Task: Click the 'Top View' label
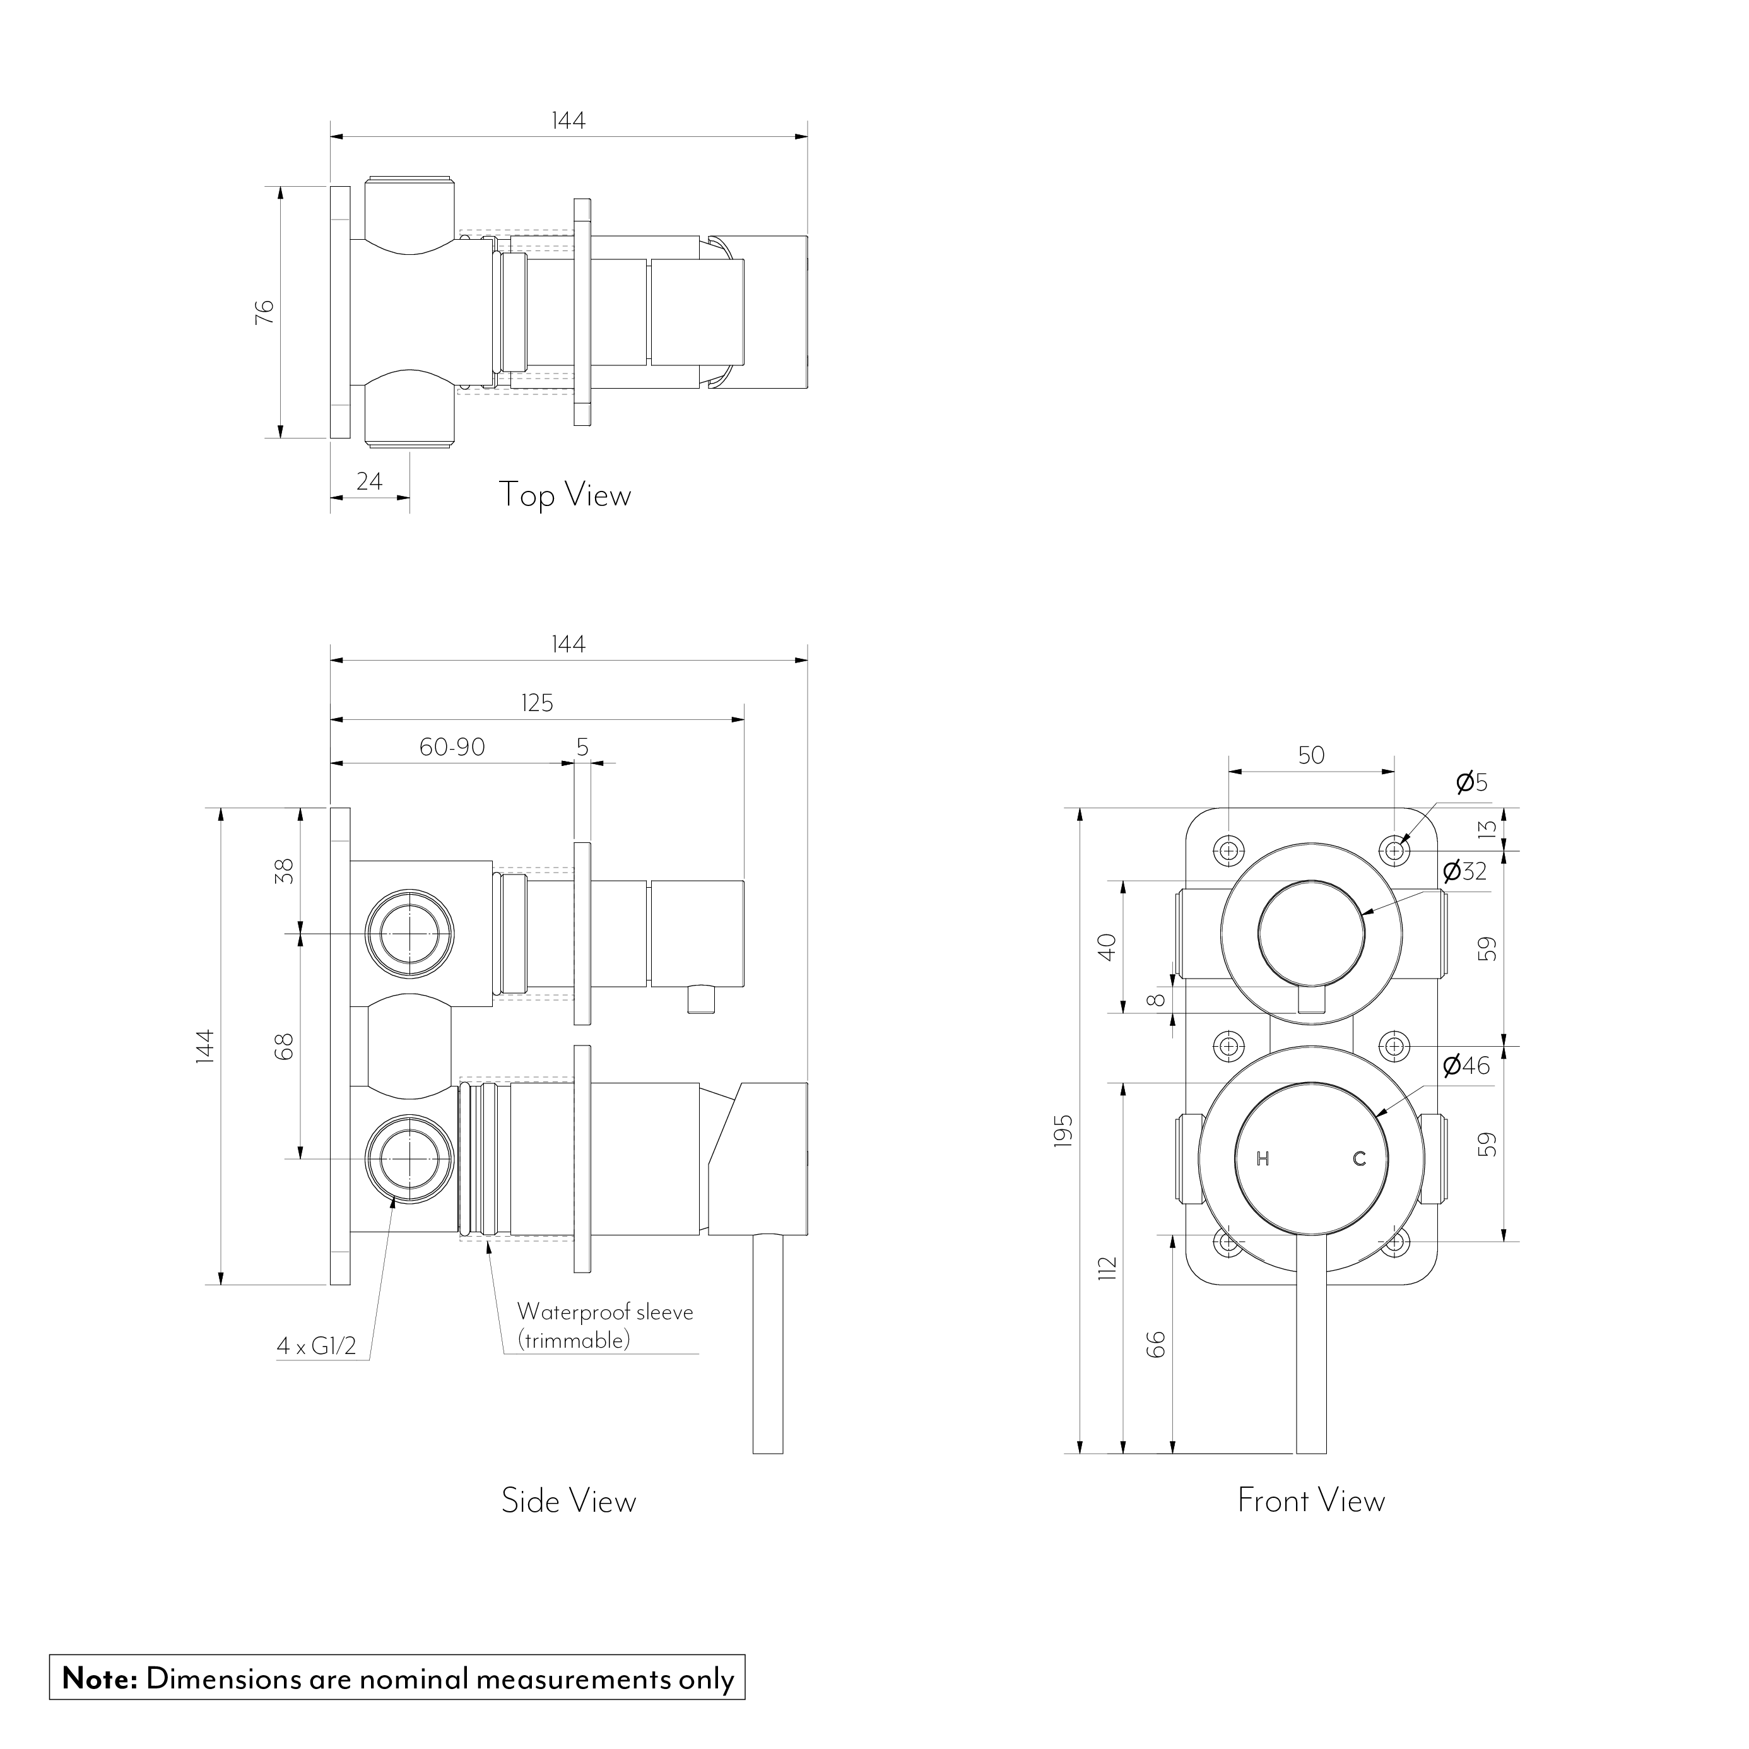tap(564, 495)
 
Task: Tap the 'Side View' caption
tap(568, 1501)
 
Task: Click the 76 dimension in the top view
tap(264, 312)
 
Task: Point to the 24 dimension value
tap(369, 481)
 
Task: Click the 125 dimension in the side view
tap(537, 704)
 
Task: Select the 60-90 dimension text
tap(452, 748)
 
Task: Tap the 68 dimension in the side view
tap(285, 1047)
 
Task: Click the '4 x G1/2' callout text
tap(316, 1372)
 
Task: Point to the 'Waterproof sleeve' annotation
tap(604, 1312)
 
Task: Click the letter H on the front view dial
tap(1263, 1159)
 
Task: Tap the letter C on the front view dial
tap(1359, 1159)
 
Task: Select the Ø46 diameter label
tap(1466, 1066)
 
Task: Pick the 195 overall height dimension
tap(1064, 1131)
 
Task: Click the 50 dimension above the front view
tap(1311, 755)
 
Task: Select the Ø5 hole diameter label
tap(1471, 782)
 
